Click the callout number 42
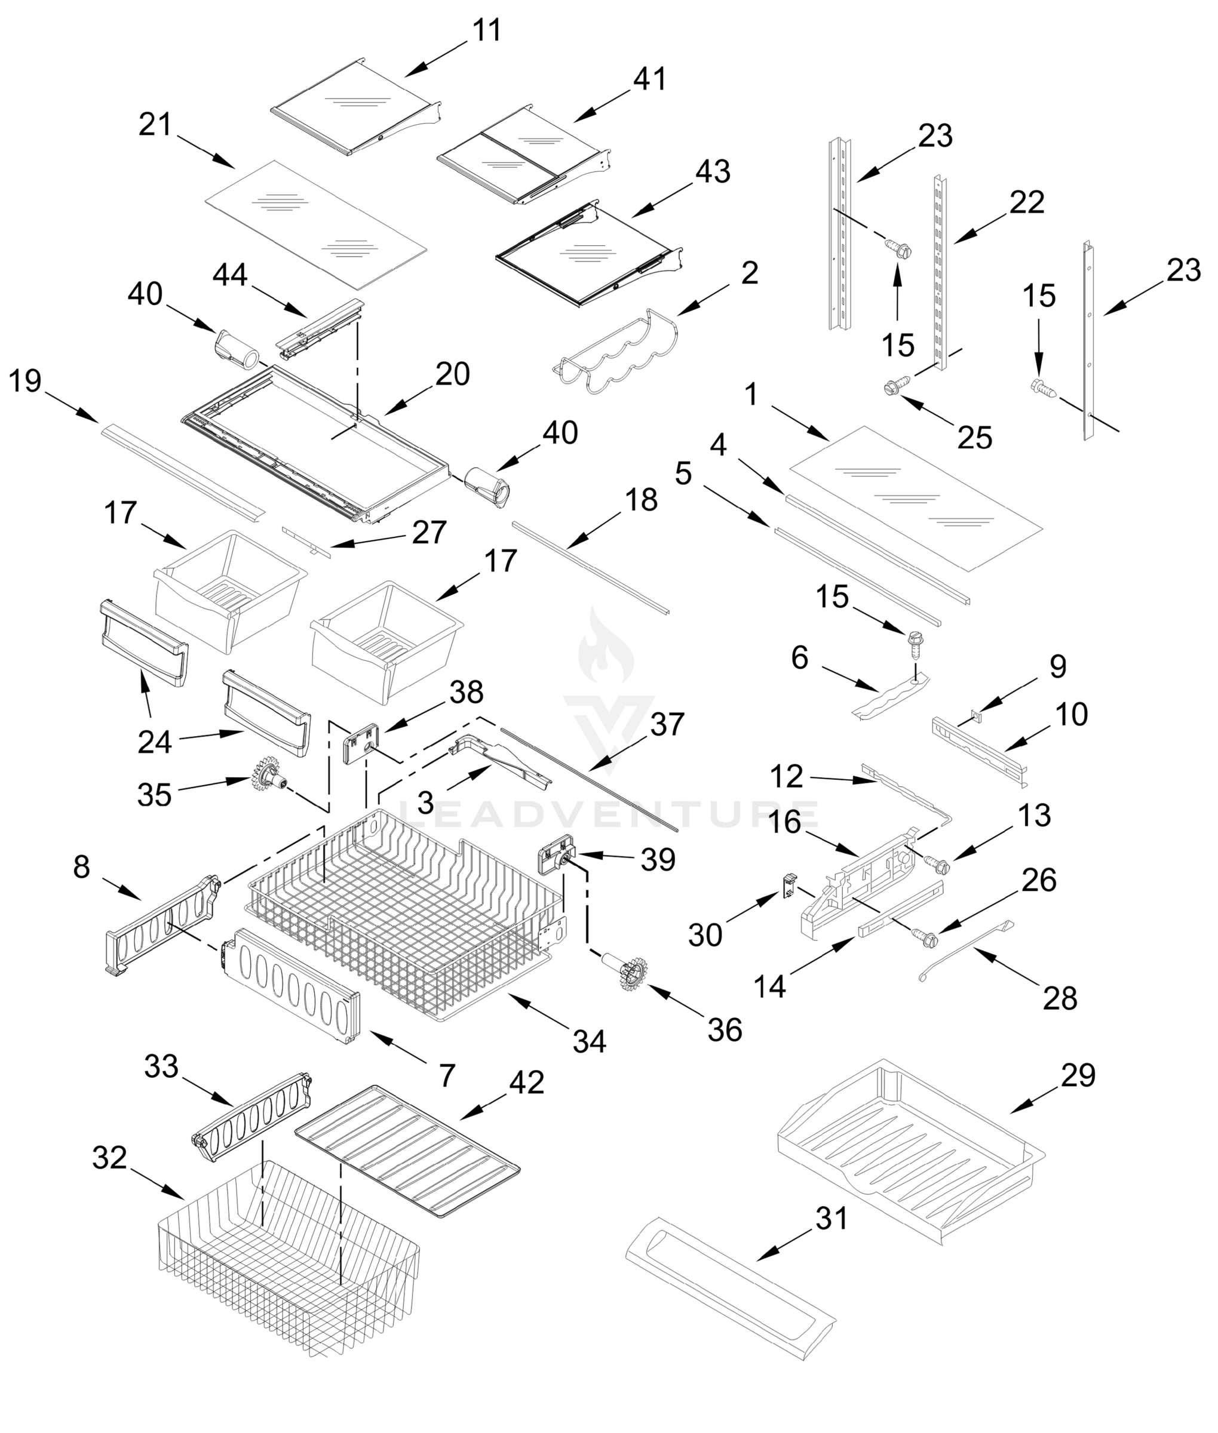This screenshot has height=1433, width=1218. (x=526, y=1083)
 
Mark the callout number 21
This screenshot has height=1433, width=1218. (x=155, y=125)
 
